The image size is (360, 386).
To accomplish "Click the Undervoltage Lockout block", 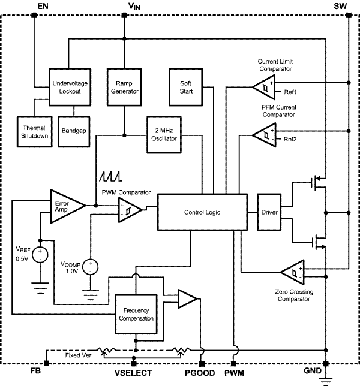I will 69,88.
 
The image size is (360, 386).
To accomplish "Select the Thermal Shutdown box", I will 34,131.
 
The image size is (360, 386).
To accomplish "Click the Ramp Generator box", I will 123,88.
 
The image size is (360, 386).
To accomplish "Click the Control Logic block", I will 202,212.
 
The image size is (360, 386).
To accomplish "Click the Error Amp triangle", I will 64,205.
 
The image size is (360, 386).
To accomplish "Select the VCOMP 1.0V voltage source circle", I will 91,266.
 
